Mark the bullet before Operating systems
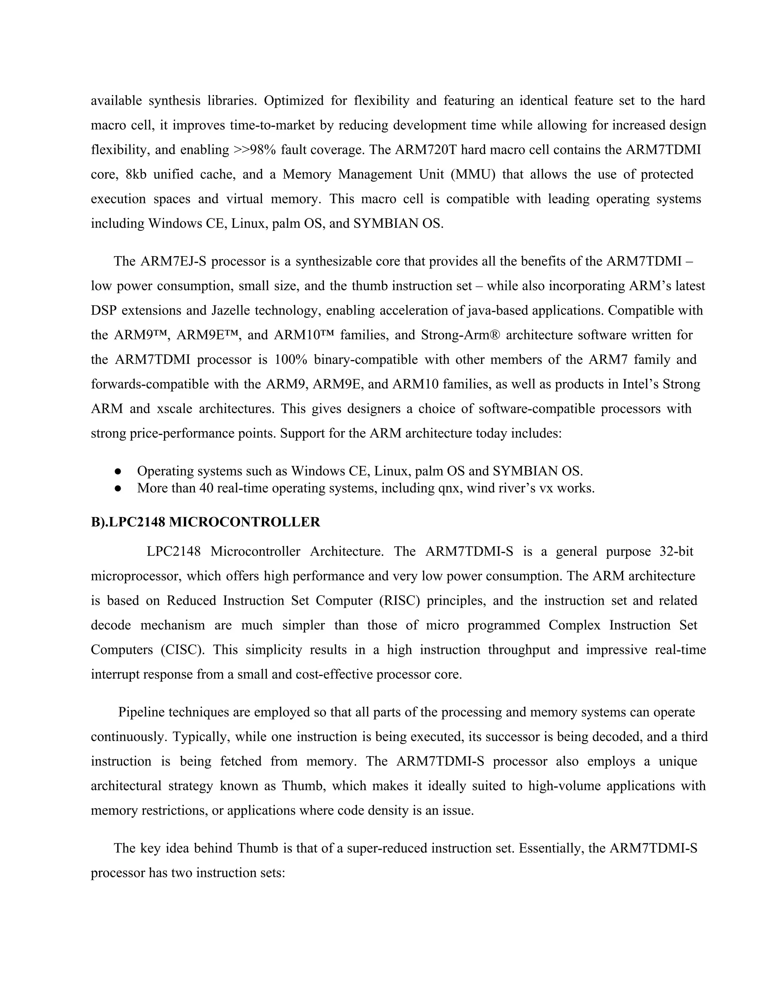click(118, 471)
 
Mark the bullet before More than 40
click(118, 488)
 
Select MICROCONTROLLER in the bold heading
click(244, 522)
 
